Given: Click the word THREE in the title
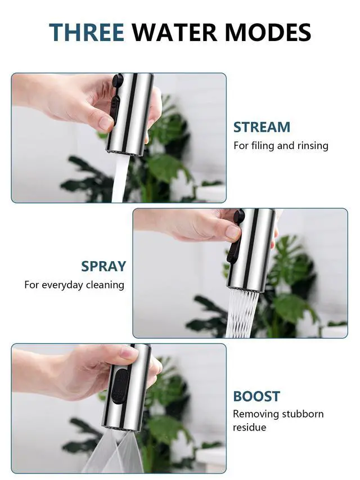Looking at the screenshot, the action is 87,32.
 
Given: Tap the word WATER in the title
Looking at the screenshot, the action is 174,32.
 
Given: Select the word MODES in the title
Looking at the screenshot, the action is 268,32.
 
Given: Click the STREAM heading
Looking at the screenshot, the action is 262,127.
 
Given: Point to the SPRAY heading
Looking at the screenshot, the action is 103,266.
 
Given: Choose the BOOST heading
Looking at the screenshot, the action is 256,396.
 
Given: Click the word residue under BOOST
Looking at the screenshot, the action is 249,427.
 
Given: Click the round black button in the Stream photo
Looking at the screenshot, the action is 118,80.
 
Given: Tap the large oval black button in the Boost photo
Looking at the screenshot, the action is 119,385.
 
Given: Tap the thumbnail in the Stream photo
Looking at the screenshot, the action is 106,123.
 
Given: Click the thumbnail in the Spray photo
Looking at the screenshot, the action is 232,232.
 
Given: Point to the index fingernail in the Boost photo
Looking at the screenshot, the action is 129,353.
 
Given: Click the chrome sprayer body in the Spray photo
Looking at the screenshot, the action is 251,249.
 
